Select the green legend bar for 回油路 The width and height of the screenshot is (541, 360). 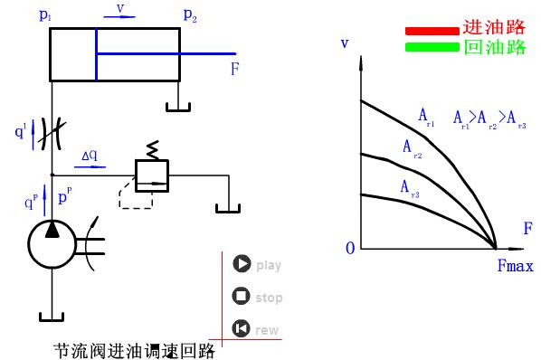click(432, 47)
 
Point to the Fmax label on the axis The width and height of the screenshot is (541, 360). click(515, 266)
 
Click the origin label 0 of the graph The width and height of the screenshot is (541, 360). click(349, 248)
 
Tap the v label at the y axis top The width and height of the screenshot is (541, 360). click(345, 43)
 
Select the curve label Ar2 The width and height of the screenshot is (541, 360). click(412, 147)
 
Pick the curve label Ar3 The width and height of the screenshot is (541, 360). click(410, 186)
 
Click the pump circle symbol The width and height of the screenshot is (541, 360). click(52, 242)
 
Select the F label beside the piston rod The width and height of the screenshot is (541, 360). click(234, 68)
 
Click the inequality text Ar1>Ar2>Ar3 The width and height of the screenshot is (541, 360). click(489, 118)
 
